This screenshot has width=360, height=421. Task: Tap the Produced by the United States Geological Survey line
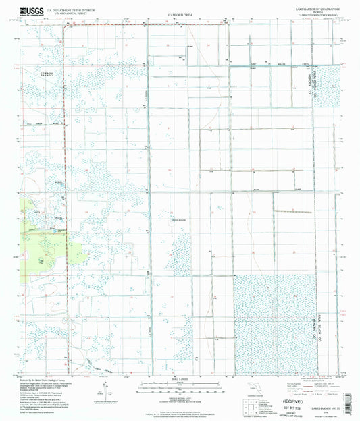[47, 381]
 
